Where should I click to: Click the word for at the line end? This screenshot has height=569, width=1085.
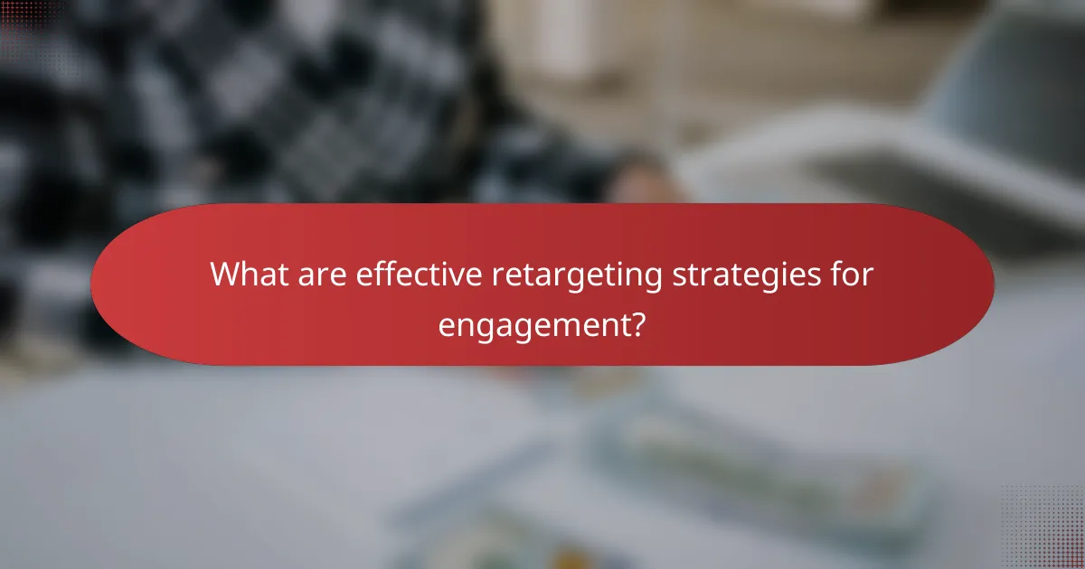click(850, 275)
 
